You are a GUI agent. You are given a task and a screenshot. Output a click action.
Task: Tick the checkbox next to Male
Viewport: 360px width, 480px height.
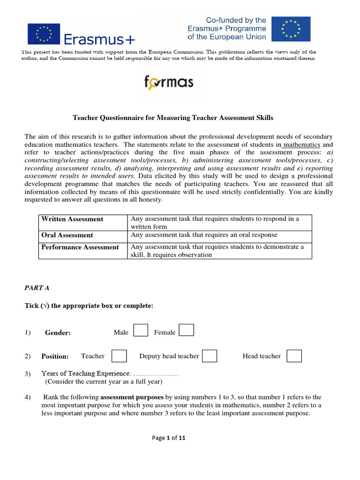(x=141, y=330)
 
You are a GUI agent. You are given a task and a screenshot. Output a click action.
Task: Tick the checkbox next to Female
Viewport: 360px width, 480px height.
(x=187, y=330)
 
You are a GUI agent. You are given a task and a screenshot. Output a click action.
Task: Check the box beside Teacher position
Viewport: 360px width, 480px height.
(x=119, y=356)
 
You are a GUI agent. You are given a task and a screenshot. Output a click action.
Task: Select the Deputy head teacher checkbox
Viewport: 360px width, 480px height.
(x=209, y=356)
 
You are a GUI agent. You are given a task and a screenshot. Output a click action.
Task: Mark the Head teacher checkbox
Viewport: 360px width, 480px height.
(x=294, y=356)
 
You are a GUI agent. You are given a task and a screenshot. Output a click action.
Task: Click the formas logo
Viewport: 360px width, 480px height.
(x=168, y=83)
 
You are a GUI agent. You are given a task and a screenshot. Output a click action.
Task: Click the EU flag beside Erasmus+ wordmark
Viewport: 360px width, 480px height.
(x=44, y=34)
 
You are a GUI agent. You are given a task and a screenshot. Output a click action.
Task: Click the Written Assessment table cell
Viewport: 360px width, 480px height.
(x=73, y=219)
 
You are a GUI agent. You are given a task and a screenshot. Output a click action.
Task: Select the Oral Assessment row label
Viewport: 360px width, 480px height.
(x=67, y=235)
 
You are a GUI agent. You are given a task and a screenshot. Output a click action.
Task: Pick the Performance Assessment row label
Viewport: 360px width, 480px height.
(x=80, y=247)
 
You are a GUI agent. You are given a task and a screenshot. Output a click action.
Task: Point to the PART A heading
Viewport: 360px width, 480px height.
(x=37, y=288)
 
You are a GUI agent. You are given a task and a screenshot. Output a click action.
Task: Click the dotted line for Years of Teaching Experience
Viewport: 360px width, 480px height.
(x=156, y=374)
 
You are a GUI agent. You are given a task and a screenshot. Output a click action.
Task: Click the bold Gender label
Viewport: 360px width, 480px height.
(x=58, y=333)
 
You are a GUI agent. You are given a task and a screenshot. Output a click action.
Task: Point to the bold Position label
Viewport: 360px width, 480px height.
(x=55, y=356)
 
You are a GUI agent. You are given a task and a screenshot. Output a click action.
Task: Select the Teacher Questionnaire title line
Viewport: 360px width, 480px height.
(x=173, y=118)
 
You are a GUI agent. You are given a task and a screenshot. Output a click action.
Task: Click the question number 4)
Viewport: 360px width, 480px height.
(x=28, y=397)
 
